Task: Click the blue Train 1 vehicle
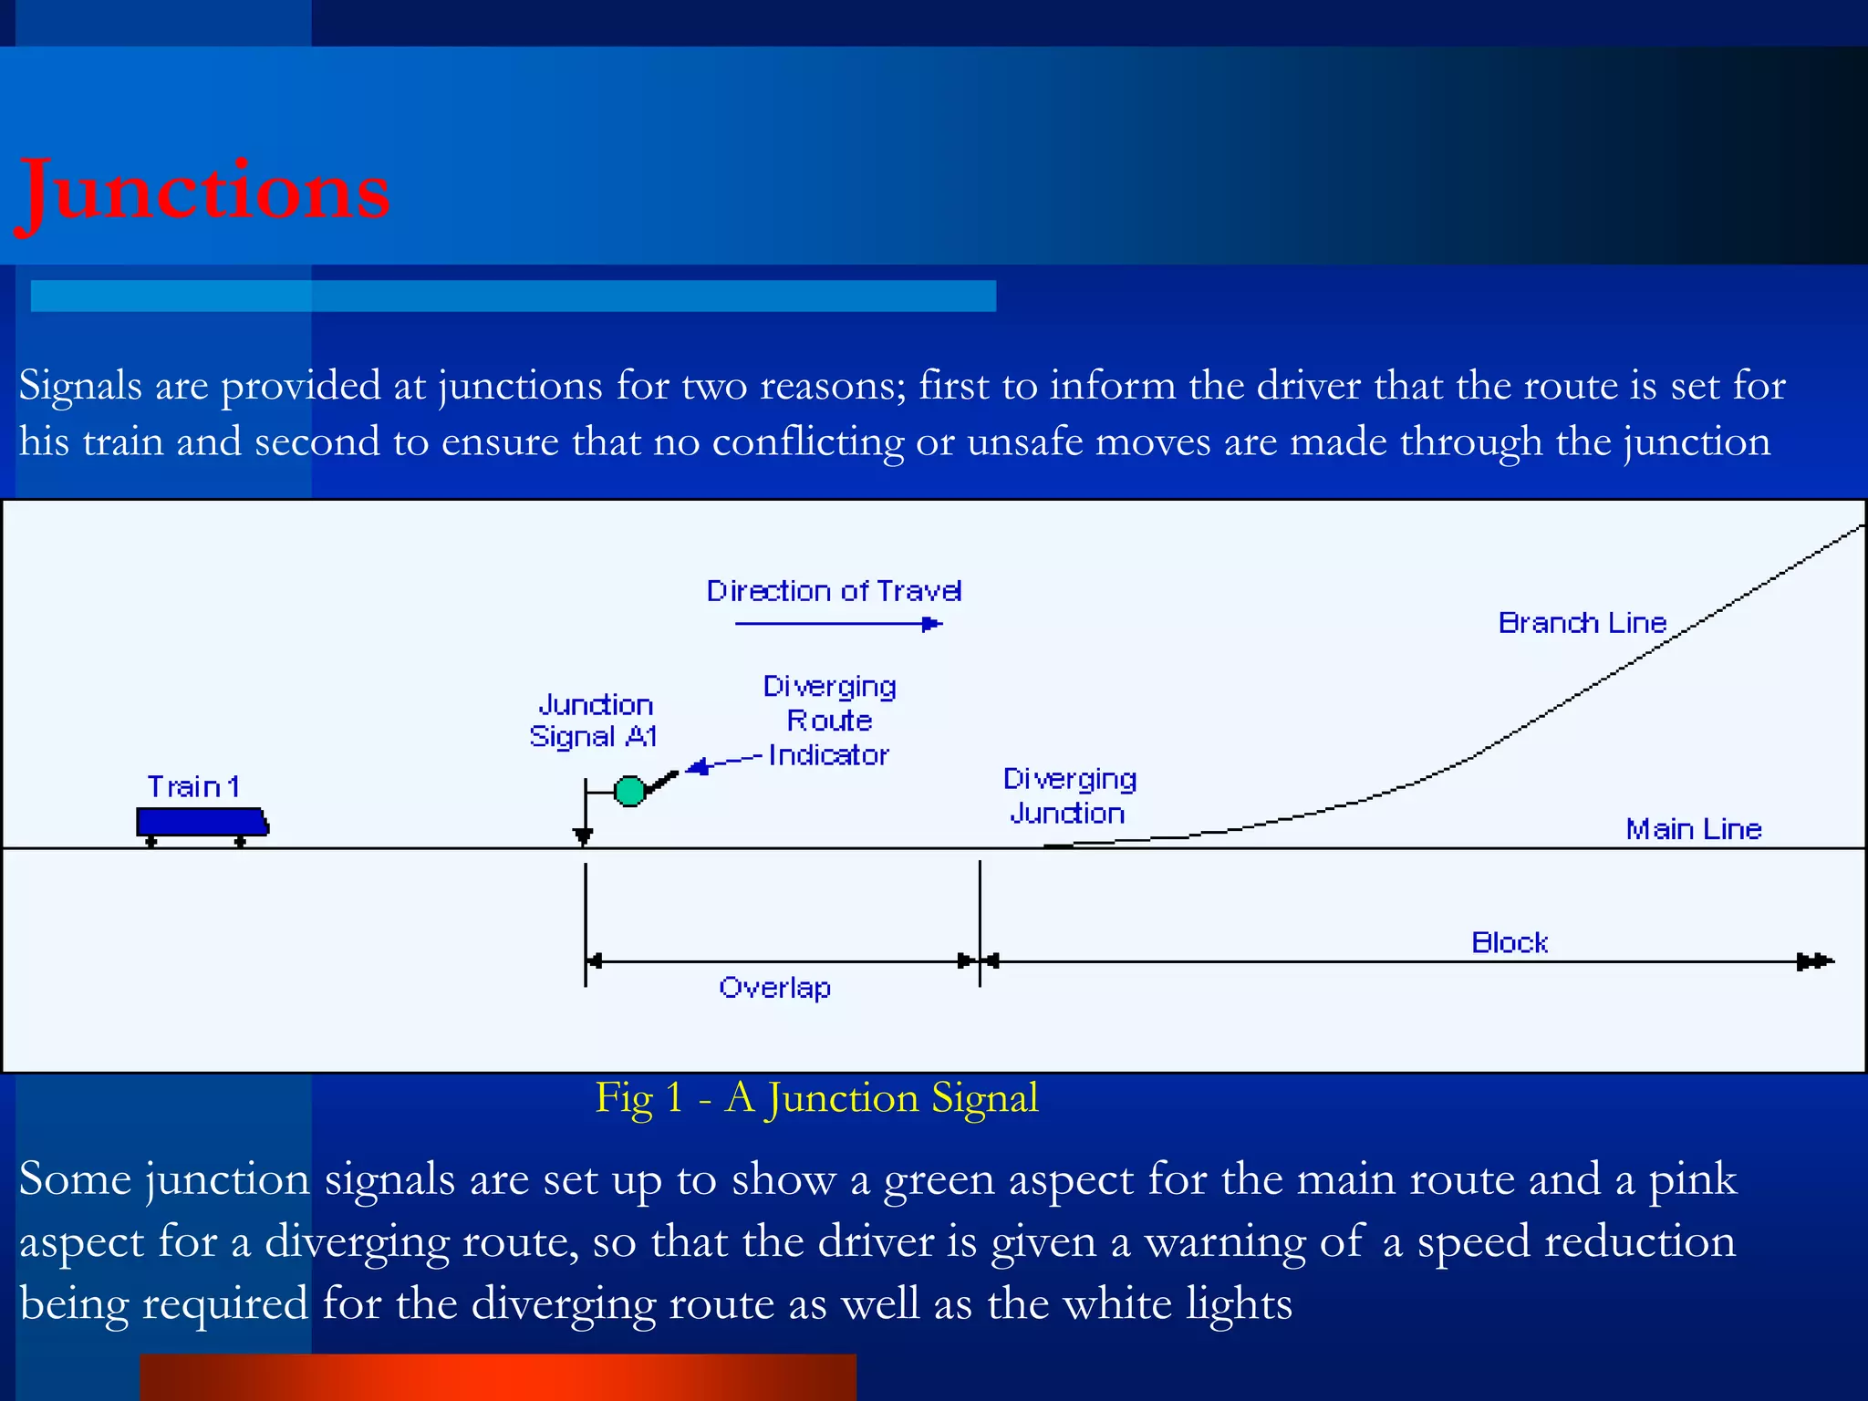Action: tap(202, 822)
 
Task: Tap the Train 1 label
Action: tap(193, 786)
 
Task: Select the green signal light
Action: tap(629, 791)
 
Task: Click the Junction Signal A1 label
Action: tap(594, 721)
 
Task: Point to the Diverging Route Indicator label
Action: tap(829, 721)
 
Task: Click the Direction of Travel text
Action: tap(834, 591)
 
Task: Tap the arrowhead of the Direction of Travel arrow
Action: tap(932, 624)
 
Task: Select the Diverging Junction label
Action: tap(1069, 795)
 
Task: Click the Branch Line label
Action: tap(1583, 623)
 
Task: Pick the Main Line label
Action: tap(1694, 829)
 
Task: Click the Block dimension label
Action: tap(1510, 942)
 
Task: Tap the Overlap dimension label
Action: tap(774, 988)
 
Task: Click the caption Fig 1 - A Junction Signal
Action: tap(816, 1097)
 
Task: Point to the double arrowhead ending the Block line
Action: tap(1815, 961)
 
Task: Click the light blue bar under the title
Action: tap(513, 296)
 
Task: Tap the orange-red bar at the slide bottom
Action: tap(498, 1377)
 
